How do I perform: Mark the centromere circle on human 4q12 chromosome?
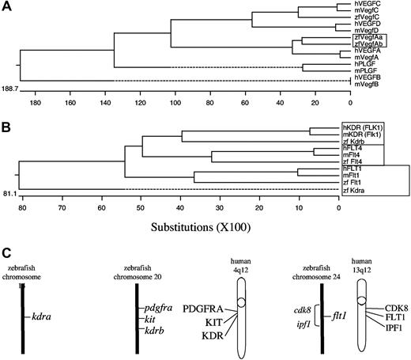coord(238,301)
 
